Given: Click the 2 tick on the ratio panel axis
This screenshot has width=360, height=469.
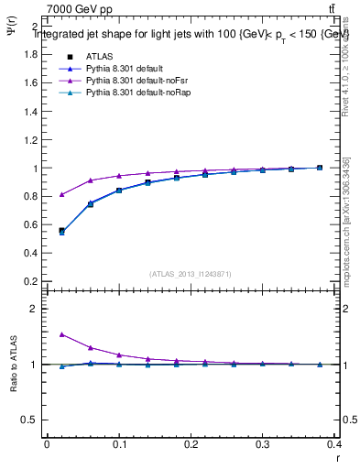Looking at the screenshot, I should click(34, 309).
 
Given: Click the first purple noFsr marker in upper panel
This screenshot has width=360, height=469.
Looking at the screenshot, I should click(61, 194).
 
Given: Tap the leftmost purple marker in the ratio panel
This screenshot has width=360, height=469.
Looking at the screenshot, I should click(61, 334).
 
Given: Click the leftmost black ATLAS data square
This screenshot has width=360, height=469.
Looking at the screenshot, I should click(61, 231).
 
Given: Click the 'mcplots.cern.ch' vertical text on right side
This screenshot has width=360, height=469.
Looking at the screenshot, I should click(346, 220).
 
